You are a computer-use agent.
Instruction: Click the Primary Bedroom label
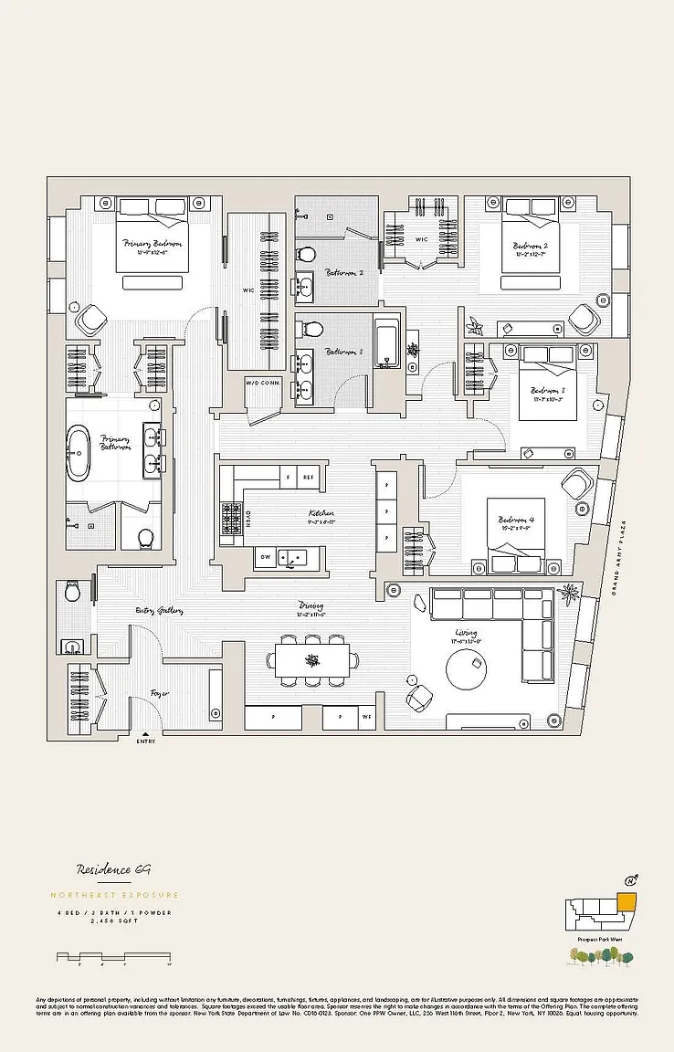(152, 244)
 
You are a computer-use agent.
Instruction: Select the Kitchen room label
(321, 514)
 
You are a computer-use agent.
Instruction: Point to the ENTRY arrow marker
(145, 732)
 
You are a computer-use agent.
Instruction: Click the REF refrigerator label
(309, 478)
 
